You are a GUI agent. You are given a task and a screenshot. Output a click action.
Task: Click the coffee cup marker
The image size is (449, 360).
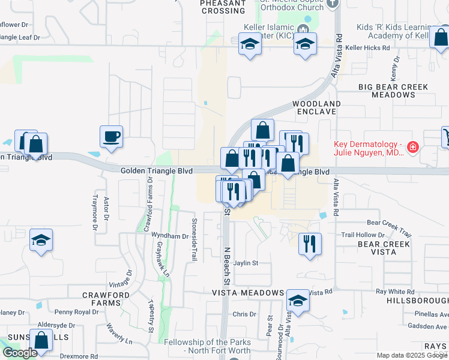[x=111, y=137]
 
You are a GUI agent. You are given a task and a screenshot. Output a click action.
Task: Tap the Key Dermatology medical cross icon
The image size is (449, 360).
[x=412, y=146]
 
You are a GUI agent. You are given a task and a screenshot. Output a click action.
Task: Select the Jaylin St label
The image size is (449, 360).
[x=246, y=263]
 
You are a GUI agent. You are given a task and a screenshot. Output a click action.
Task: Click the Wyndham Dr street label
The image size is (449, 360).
[x=170, y=236]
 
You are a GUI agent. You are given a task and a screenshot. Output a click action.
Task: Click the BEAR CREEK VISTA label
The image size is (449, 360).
[x=384, y=248]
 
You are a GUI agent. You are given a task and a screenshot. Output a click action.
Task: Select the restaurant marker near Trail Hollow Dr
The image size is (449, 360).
[x=310, y=244]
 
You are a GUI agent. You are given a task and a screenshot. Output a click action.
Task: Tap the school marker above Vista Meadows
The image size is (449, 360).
[x=298, y=301]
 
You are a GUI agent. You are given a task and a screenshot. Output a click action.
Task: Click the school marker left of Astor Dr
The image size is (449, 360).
[x=41, y=240]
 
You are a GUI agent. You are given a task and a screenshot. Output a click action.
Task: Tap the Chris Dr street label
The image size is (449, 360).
[x=244, y=314]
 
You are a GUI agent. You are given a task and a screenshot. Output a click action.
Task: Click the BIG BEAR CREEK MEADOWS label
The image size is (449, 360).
[x=393, y=91]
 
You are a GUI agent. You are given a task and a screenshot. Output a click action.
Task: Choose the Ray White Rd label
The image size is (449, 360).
[x=395, y=291]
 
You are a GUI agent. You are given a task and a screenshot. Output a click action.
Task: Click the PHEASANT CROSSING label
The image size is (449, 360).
[x=223, y=7]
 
